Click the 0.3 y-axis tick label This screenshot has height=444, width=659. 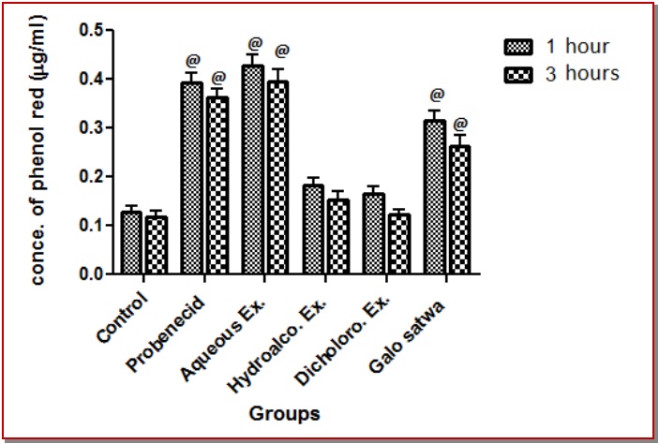(90, 127)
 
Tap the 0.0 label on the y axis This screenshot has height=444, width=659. (90, 274)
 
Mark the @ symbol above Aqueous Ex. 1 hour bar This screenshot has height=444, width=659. (253, 43)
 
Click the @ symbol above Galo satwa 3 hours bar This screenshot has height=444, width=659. (460, 123)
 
